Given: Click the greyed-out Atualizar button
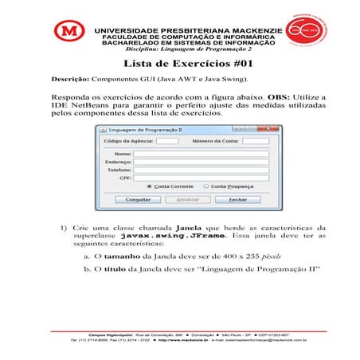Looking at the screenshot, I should [187, 199].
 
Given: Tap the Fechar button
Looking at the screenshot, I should [239, 199].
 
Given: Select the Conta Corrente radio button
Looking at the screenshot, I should [149, 186].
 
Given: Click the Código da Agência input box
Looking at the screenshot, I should [167, 141].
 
